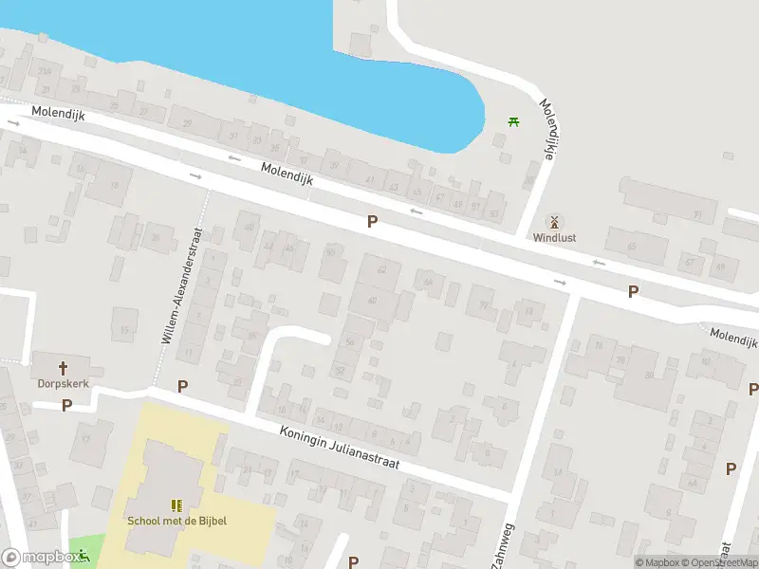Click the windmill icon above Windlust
[555, 221]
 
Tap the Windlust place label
[555, 238]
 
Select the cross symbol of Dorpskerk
[64, 368]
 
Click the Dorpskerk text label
[64, 385]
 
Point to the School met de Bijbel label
[177, 520]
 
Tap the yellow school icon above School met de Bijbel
[176, 505]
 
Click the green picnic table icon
[513, 121]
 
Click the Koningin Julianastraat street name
[340, 446]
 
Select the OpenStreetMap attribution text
[719, 562]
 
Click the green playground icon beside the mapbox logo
[83, 555]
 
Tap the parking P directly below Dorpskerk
[66, 405]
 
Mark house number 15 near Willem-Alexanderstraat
[124, 329]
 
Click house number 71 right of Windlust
[696, 216]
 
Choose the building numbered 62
[382, 270]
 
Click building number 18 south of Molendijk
[81, 170]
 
